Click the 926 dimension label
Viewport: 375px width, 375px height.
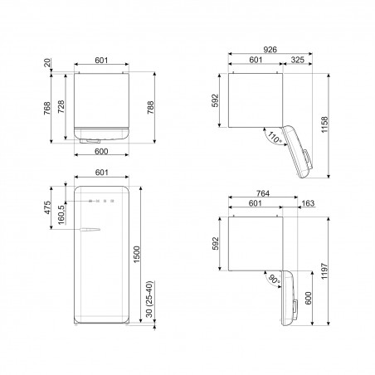(x=270, y=50)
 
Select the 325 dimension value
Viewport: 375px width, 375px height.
(x=298, y=60)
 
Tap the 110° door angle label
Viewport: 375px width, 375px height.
(x=274, y=138)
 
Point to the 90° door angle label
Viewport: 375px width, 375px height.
(x=274, y=280)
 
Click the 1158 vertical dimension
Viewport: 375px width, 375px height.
(x=324, y=124)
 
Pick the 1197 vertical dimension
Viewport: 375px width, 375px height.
(x=324, y=271)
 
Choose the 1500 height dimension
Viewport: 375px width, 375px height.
(x=137, y=254)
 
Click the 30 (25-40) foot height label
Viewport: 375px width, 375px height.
(x=149, y=299)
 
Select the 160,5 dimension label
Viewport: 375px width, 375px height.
(x=61, y=213)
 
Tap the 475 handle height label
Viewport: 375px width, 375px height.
(x=47, y=207)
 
